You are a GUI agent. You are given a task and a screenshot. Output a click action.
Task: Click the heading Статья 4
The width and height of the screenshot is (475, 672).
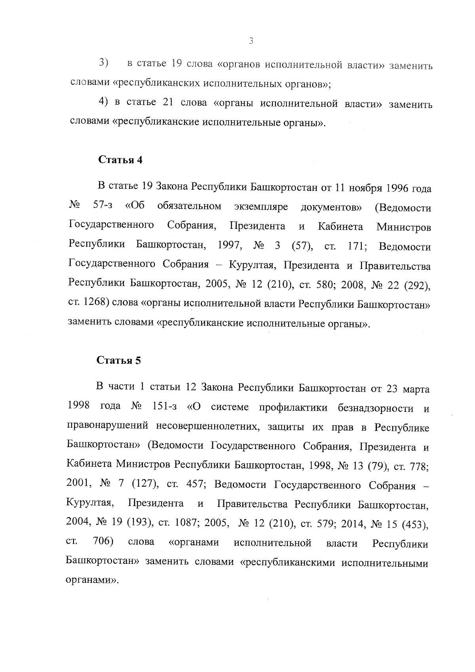point(120,160)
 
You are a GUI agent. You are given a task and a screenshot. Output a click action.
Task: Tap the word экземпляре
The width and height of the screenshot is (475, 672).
point(261,207)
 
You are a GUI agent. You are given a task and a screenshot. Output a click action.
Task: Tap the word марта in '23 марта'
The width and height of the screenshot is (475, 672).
point(416,389)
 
